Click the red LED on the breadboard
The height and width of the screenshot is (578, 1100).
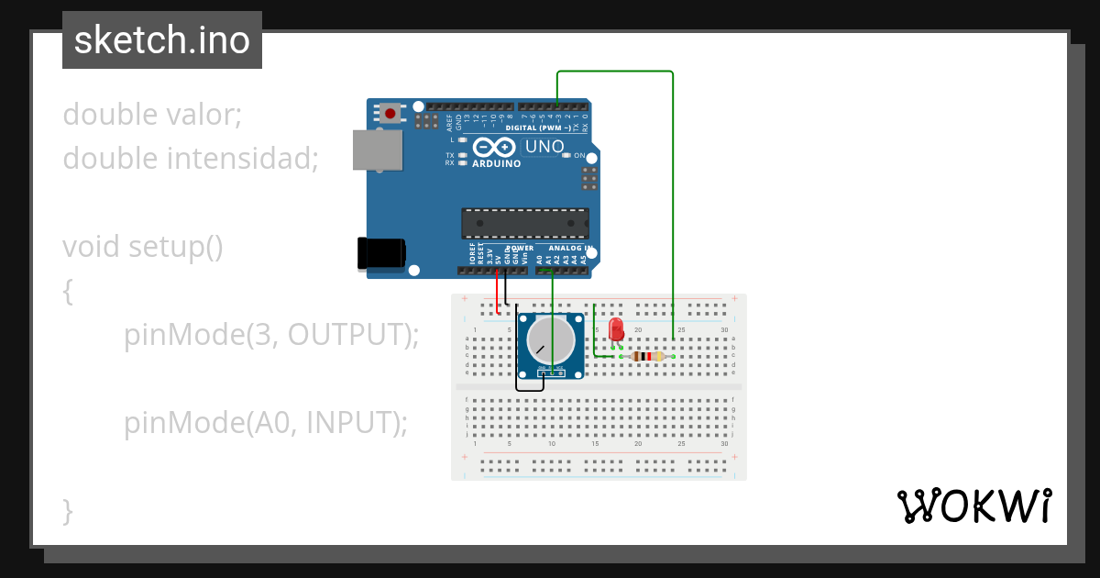616,328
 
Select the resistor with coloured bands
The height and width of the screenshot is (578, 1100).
648,357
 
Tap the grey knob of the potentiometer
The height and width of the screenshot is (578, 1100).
551,339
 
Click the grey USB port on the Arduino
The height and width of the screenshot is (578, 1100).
378,150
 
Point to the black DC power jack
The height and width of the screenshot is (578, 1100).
381,253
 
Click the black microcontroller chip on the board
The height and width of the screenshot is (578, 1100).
524,223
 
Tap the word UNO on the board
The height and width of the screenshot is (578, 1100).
544,147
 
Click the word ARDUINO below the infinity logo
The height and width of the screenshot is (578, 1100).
496,164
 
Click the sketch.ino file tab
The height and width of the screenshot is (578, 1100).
162,40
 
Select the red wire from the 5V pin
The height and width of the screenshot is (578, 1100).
498,289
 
